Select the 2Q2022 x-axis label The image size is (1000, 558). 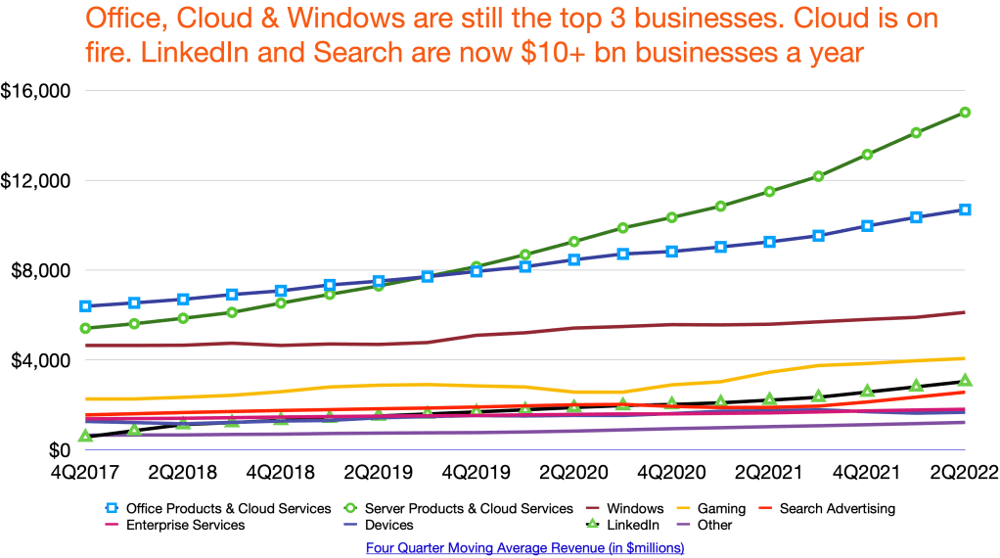964,472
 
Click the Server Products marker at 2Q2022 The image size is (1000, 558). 965,113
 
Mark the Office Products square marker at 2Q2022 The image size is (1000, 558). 965,209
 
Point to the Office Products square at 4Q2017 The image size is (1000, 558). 86,306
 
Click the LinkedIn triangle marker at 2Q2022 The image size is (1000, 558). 965,380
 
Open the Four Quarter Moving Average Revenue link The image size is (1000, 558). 524,548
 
